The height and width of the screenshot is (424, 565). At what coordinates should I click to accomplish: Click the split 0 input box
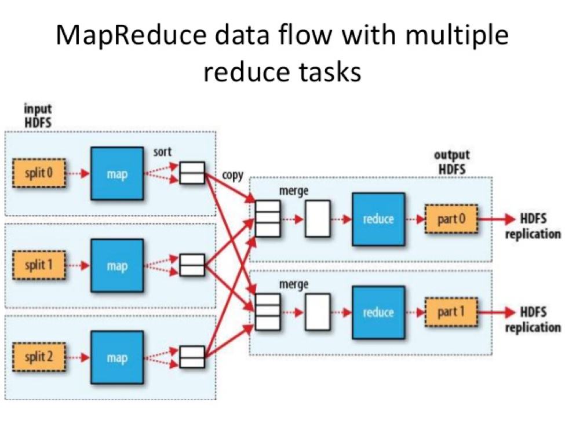pos(37,173)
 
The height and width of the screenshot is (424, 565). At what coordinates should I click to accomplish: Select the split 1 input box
pos(37,265)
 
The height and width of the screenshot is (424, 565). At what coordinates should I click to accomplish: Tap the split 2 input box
pos(37,357)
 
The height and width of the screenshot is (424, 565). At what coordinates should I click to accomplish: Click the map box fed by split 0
pos(116,173)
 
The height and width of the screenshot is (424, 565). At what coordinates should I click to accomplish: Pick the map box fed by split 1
pos(116,266)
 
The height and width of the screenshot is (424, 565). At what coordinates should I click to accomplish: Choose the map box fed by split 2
pos(116,358)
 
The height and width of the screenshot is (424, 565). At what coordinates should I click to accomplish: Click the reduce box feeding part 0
pos(378,219)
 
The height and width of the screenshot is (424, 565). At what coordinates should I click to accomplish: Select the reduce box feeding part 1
pos(378,312)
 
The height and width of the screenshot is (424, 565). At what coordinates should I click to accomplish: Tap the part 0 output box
pos(451,219)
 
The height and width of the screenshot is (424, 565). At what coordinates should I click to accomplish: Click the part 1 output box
pos(451,312)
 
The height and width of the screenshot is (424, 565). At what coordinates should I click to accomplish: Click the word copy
pos(232,175)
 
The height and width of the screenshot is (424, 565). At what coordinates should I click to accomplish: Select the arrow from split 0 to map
pos(76,173)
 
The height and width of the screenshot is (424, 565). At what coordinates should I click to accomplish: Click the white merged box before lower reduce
pos(318,312)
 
